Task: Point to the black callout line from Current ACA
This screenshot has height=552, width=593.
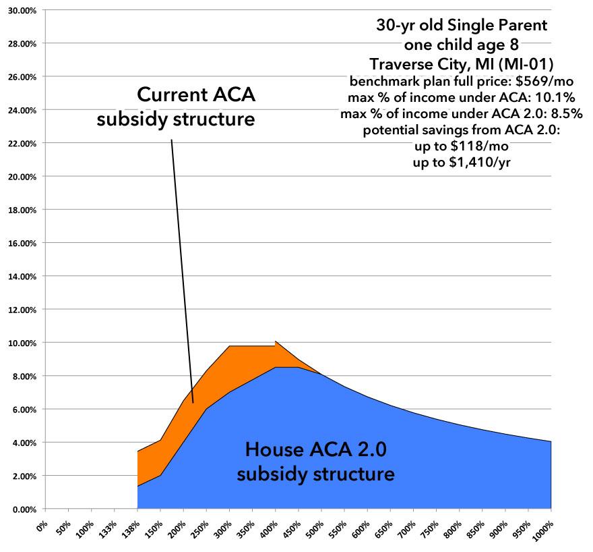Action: click(x=182, y=270)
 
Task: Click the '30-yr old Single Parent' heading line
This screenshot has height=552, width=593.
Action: click(x=461, y=28)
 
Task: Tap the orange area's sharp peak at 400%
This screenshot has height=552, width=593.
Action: click(x=275, y=341)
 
